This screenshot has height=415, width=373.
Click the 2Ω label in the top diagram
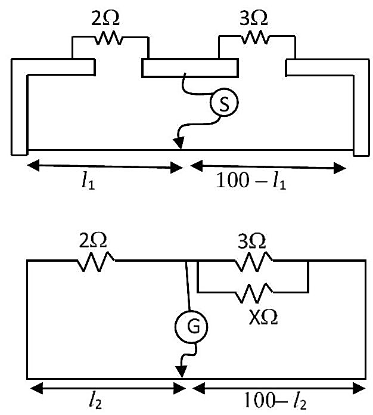pos(105,19)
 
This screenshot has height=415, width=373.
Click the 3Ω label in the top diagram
pos(253,19)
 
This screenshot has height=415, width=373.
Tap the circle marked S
pos(224,103)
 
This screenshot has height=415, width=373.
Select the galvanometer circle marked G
pos(191,327)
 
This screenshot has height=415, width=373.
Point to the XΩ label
pos(263,318)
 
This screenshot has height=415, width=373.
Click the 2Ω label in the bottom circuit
pos(93,240)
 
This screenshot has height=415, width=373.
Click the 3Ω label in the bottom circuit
pos(251,241)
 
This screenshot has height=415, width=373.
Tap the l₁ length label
pos(88,181)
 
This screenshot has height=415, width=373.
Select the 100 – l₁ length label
pos(251,181)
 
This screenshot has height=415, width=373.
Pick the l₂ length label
pos(95,401)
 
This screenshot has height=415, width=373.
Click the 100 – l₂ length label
pos(276,401)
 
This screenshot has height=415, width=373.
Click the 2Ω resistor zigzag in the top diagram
pos(108,38)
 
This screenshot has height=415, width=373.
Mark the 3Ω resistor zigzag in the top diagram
pos(255,37)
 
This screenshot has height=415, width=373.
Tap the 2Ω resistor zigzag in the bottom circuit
pos(96,261)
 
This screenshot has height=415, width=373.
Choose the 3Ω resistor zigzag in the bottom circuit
pos(253,261)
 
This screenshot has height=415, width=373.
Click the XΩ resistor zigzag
pos(254,293)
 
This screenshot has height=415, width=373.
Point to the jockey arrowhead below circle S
pos(179,143)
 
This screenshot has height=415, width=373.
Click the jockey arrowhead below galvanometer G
pos(182,372)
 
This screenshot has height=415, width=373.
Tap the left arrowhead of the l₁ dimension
pos(33,165)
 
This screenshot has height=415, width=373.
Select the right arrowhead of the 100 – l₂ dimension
pos(359,388)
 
